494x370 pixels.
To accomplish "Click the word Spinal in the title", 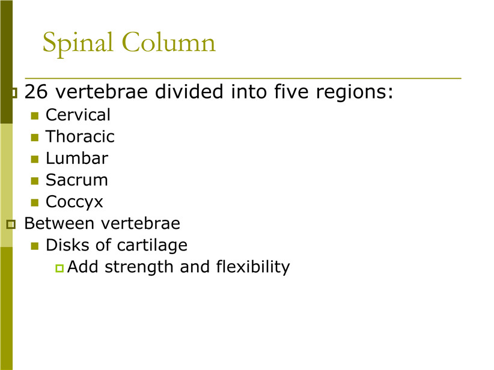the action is [78, 44].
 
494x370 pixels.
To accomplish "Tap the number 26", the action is [36, 92].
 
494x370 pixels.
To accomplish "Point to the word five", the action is [291, 91].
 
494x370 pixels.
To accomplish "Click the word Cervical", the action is [78, 115].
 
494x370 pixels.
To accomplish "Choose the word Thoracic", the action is [80, 136].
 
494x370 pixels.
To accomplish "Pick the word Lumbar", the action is [77, 158].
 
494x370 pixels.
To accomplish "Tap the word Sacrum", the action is [77, 180].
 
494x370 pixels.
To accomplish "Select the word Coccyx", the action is [75, 202].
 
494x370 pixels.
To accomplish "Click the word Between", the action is [59, 223].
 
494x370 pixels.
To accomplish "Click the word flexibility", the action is [253, 267].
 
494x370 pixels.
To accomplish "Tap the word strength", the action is [139, 267].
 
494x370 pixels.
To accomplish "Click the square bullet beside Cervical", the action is [35, 116].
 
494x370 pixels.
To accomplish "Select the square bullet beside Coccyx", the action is [35, 202].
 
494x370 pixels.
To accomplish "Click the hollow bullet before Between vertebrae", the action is [11, 224].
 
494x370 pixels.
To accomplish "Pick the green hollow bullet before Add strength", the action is [59, 268].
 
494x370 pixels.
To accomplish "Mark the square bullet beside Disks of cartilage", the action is [35, 246].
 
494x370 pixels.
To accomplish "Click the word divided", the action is [189, 91].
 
